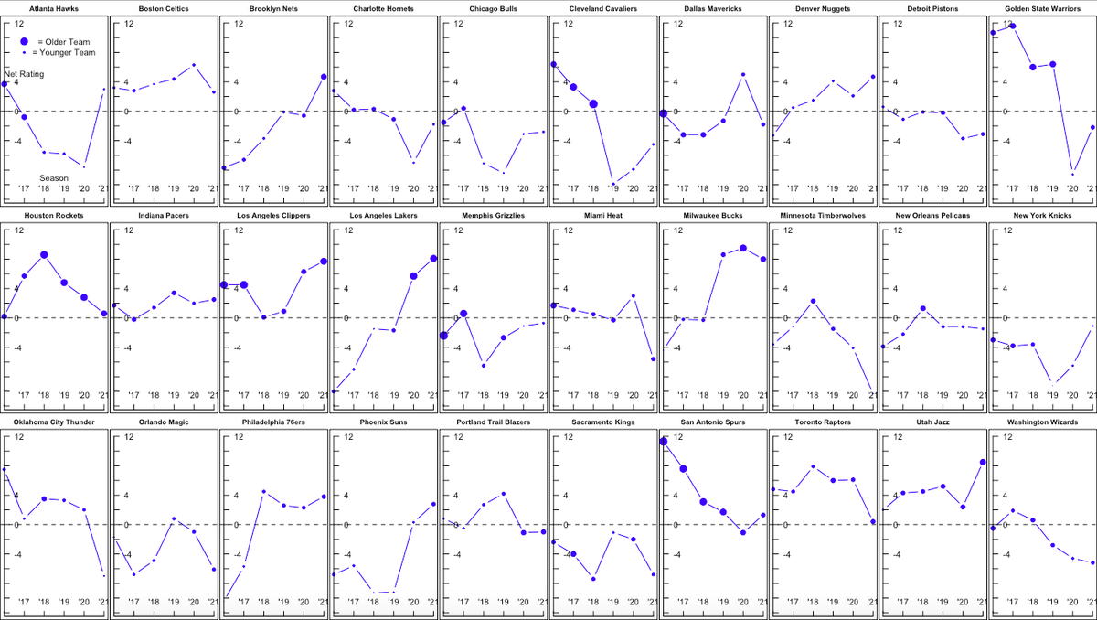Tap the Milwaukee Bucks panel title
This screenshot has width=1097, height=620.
coord(712,216)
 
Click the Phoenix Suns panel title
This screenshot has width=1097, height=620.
coord(383,422)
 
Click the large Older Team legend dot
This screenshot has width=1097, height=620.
coord(26,42)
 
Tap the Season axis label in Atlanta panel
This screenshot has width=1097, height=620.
coord(54,177)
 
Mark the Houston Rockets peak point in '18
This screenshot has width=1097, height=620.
coord(44,255)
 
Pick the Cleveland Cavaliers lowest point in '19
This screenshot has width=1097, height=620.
coord(612,184)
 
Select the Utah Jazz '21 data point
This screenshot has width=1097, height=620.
coord(982,463)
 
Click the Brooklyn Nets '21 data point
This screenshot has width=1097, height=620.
coord(324,77)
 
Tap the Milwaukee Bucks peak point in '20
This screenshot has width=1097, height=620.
coord(742,248)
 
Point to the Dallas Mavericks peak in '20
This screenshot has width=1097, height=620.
coord(743,75)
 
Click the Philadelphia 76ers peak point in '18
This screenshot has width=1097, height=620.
coord(263,492)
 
